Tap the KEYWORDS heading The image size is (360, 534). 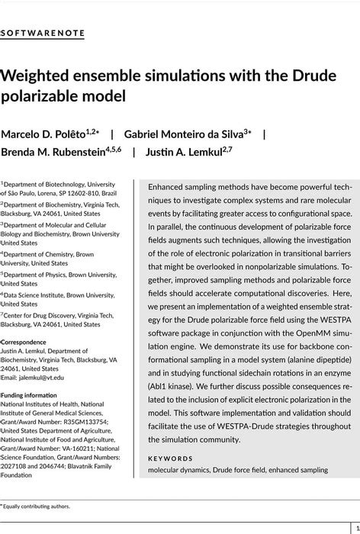(170, 458)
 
